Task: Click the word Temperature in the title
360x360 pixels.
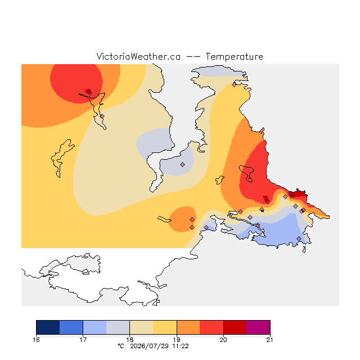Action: click(234, 57)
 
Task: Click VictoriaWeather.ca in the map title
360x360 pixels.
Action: click(138, 57)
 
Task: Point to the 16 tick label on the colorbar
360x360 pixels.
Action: click(36, 340)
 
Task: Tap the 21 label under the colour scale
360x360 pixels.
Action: click(270, 340)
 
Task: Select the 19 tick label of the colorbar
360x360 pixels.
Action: click(177, 340)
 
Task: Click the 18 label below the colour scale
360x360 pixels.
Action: click(130, 340)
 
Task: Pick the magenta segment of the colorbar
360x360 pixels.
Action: click(258, 327)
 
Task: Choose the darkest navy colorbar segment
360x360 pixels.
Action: click(48, 327)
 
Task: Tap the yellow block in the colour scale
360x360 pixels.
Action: click(165, 327)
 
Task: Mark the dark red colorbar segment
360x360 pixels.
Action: click(235, 327)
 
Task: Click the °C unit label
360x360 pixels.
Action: click(121, 346)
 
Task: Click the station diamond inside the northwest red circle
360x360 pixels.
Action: click(90, 93)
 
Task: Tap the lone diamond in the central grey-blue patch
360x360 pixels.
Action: click(182, 164)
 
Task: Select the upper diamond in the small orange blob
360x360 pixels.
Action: click(192, 220)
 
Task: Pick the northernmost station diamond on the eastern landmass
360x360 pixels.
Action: click(234, 85)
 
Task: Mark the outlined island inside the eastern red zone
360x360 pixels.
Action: click(247, 173)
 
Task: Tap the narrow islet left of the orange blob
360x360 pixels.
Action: click(164, 219)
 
